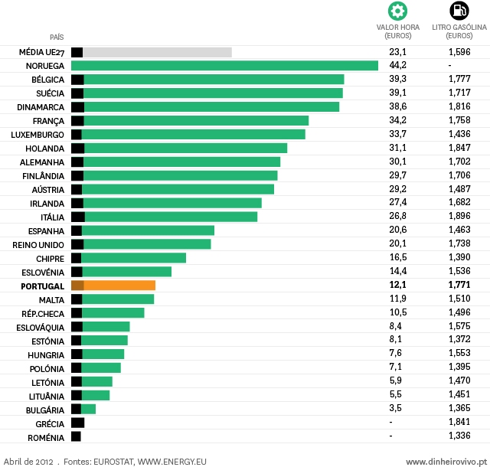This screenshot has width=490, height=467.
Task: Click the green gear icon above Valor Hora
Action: (x=397, y=11)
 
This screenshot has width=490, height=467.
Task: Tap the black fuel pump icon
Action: (x=459, y=11)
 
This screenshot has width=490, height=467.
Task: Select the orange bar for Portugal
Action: (x=119, y=285)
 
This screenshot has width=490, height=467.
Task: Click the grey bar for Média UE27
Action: (x=157, y=52)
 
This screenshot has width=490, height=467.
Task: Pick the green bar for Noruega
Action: (x=230, y=66)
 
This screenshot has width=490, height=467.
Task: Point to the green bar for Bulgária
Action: (x=88, y=409)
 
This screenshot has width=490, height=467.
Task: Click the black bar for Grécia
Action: (x=77, y=423)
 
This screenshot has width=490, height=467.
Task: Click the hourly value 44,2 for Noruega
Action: (x=397, y=66)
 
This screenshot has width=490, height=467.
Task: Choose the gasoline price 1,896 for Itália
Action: (x=459, y=217)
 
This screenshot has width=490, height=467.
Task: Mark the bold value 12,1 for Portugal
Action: (x=397, y=285)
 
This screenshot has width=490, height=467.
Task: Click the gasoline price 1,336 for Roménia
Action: (x=459, y=436)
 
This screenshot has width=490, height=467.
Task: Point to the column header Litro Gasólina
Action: (x=459, y=31)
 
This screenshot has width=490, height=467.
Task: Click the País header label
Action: (x=57, y=37)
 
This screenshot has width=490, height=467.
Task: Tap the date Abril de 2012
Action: (x=28, y=462)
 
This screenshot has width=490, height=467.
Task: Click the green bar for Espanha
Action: (x=148, y=230)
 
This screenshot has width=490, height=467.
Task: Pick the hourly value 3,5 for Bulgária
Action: (x=396, y=409)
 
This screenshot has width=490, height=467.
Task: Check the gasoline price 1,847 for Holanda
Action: (x=459, y=148)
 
